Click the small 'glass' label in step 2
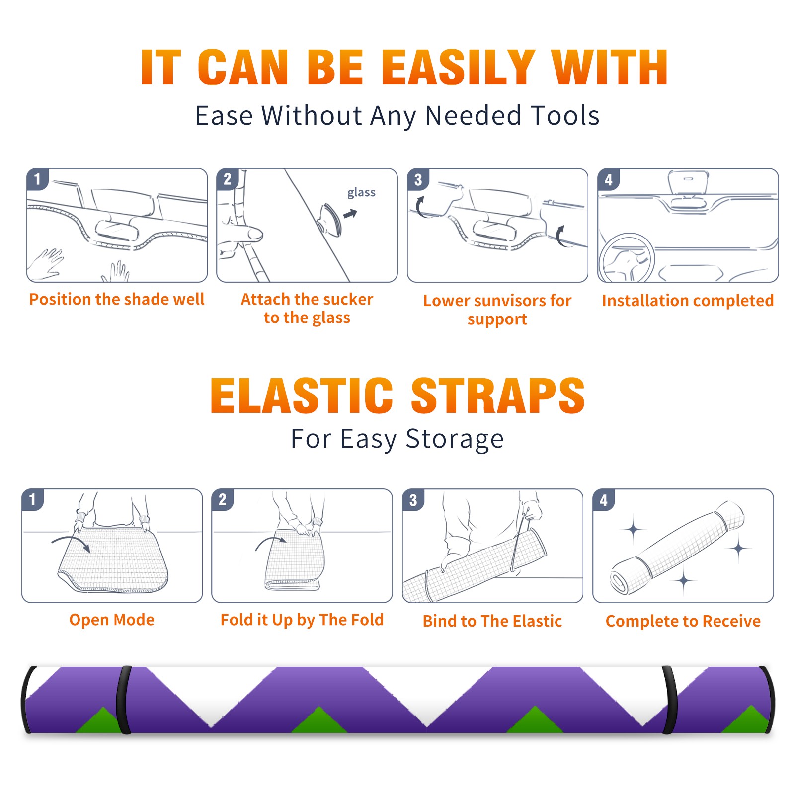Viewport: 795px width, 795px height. (361, 193)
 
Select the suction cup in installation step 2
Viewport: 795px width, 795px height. (330, 220)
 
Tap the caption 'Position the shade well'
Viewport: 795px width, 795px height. (117, 299)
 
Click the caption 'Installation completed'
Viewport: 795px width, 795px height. (688, 300)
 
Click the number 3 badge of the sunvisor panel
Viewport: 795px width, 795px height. (418, 179)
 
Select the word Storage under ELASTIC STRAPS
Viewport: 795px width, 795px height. (455, 439)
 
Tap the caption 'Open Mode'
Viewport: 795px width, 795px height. (112, 620)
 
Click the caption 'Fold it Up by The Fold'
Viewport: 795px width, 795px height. (302, 620)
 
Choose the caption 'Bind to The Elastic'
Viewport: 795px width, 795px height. (492, 621)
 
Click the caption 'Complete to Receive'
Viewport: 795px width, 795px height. (683, 621)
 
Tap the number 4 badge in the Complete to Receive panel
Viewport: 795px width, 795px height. (604, 500)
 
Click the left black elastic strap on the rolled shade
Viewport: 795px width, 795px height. (124, 700)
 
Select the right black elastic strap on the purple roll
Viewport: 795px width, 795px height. (669, 700)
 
